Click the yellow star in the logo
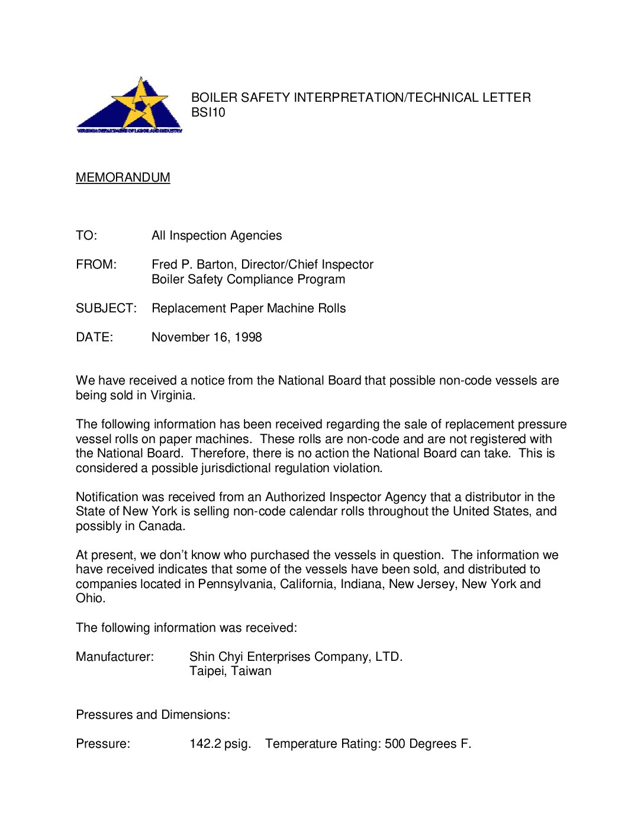tap(140, 104)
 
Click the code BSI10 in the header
tap(208, 112)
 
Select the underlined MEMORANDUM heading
tap(123, 177)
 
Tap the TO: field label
tap(86, 235)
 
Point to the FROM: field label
tap(96, 264)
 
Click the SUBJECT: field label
tap(106, 308)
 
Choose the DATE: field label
tap(94, 337)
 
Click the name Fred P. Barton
tap(194, 264)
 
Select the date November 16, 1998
tap(207, 337)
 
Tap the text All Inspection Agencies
tap(217, 235)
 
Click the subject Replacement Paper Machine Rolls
tap(249, 308)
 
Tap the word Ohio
tap(89, 598)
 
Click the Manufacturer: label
tap(114, 657)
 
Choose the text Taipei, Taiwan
tap(230, 671)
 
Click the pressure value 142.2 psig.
tap(220, 744)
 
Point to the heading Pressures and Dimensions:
tap(153, 715)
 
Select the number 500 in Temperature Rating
tap(395, 744)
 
